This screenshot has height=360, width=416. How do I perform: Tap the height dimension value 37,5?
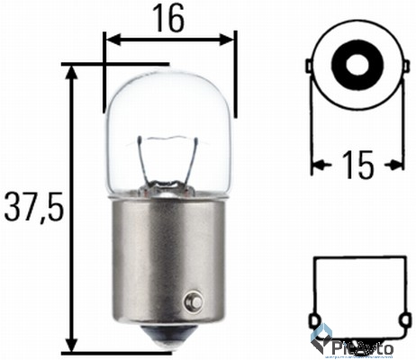click(32, 209)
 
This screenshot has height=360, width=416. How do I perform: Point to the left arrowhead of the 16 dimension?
click(111, 39)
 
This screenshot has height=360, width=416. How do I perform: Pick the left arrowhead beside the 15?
click(318, 165)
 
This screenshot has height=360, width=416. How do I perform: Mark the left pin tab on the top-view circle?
click(310, 67)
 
